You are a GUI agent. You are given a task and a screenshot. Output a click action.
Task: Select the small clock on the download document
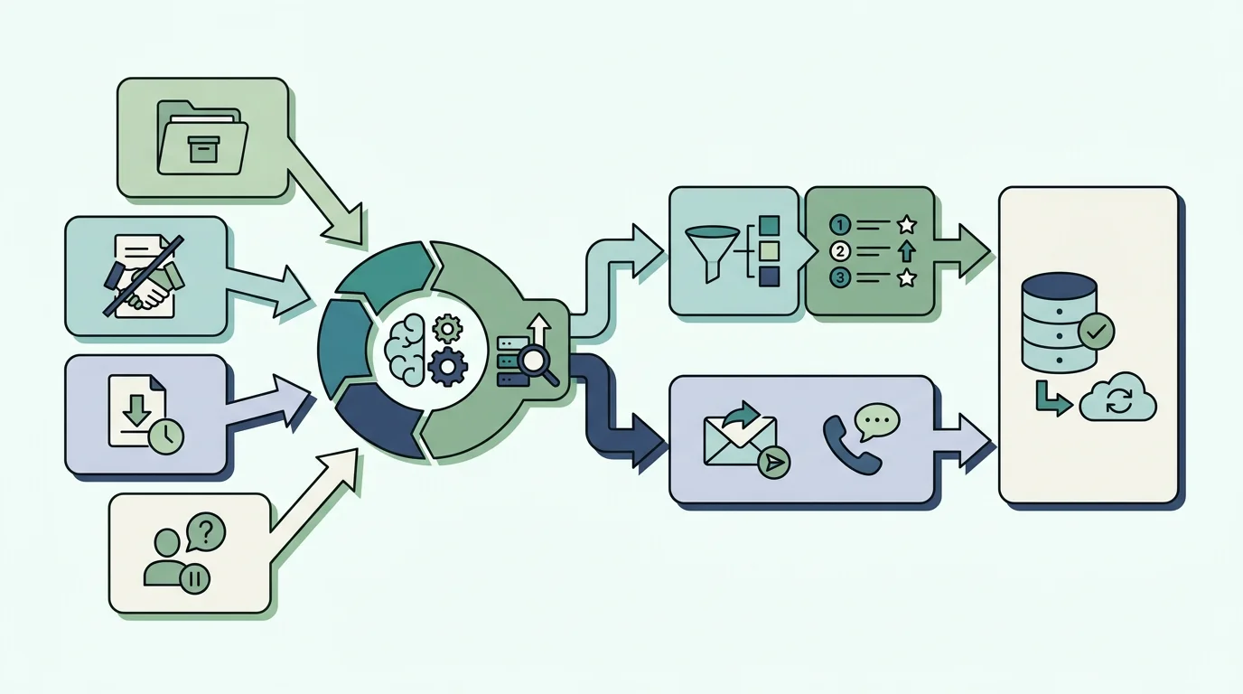coord(166,437)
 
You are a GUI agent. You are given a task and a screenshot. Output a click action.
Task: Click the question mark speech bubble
coord(205,532)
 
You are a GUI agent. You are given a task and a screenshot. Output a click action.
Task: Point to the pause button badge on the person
coord(194,579)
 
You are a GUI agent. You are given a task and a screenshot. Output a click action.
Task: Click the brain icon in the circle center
coord(405,350)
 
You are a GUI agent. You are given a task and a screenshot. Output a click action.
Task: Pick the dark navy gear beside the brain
coord(448,367)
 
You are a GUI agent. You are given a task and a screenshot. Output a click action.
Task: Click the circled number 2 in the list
coord(839,251)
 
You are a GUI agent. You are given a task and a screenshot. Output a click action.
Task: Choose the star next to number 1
coord(907,225)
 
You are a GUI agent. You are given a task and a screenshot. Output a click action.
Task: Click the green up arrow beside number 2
coord(906,251)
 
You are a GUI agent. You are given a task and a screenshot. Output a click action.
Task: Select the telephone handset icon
coord(850,445)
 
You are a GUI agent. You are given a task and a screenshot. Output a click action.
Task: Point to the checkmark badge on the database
coord(1096,332)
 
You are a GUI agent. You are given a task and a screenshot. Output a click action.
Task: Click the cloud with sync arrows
coord(1117,399)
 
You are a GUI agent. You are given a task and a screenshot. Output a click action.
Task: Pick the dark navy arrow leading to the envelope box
coord(611,409)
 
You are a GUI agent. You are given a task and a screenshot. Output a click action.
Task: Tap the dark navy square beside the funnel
coord(769,277)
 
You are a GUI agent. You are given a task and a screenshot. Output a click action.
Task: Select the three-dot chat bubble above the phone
coord(877,421)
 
